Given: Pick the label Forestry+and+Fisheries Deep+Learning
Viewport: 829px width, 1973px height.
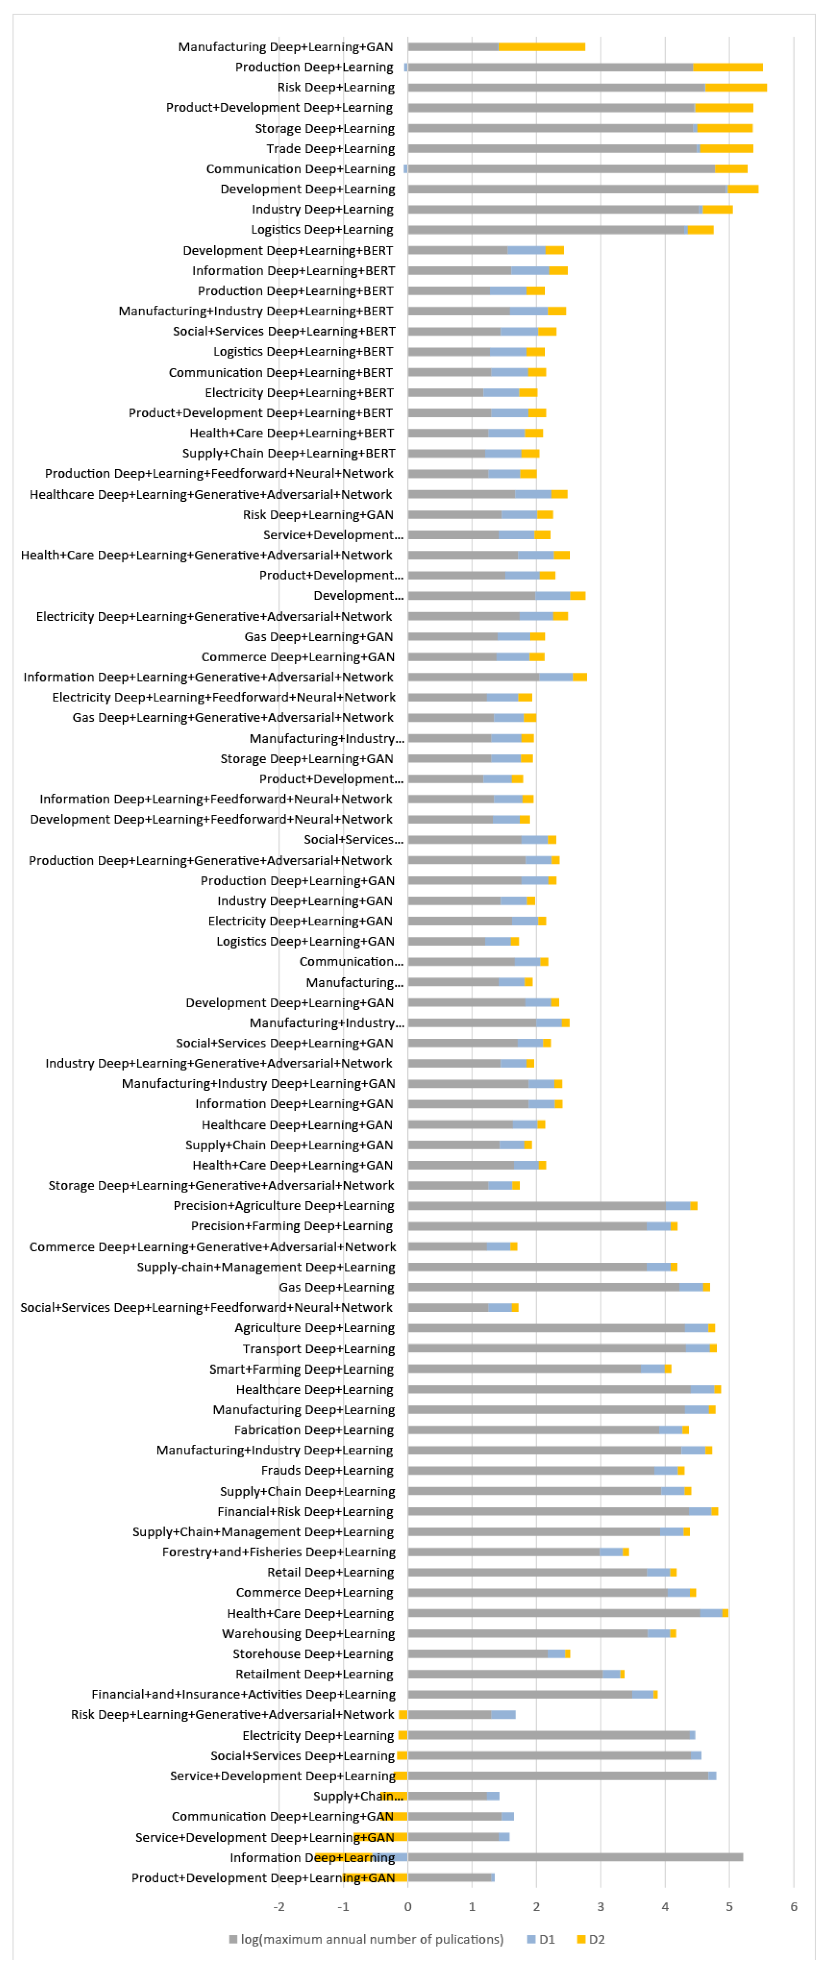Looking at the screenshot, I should point(279,1552).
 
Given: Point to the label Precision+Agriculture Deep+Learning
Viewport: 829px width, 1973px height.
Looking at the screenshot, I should point(283,1206).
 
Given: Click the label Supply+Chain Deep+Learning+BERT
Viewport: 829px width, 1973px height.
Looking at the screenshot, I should point(289,453).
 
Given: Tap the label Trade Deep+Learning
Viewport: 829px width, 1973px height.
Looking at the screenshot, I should point(330,148).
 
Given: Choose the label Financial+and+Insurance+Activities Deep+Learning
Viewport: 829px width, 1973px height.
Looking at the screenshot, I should point(243,1694).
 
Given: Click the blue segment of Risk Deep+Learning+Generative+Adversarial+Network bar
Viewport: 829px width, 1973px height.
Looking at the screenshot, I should point(503,1714).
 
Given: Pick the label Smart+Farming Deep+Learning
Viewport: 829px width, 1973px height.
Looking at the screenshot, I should point(302,1369).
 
